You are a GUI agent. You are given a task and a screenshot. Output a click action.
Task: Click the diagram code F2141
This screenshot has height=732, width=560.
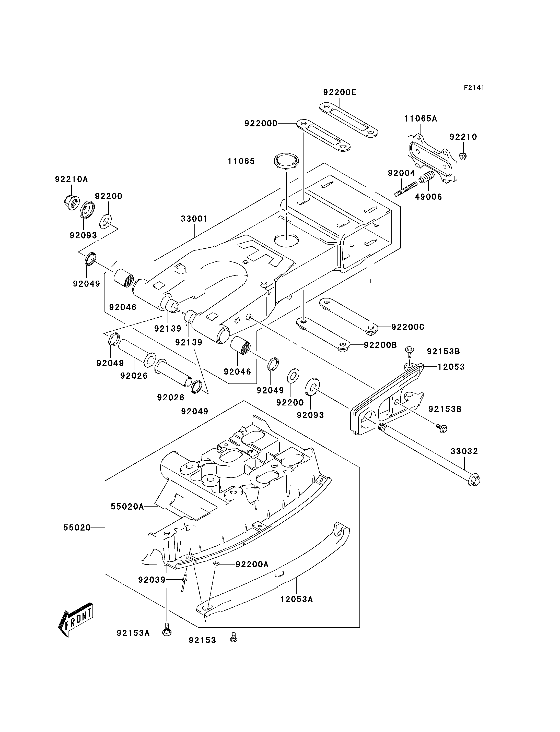point(474,88)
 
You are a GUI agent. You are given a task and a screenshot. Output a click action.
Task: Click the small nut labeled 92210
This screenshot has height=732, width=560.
point(463,155)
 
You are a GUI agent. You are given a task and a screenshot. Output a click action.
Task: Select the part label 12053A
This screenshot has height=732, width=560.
point(296,600)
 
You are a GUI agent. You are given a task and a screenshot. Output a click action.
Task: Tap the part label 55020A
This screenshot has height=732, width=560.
point(127,507)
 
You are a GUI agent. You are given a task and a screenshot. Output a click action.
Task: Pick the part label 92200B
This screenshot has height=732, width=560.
point(380,345)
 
